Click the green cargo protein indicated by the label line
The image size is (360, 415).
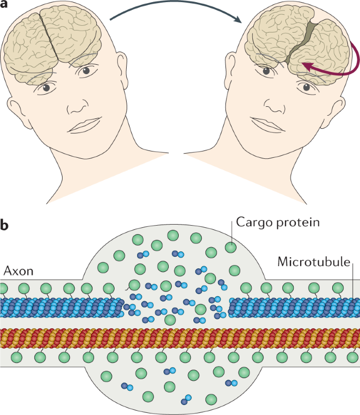click(x=230, y=246)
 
